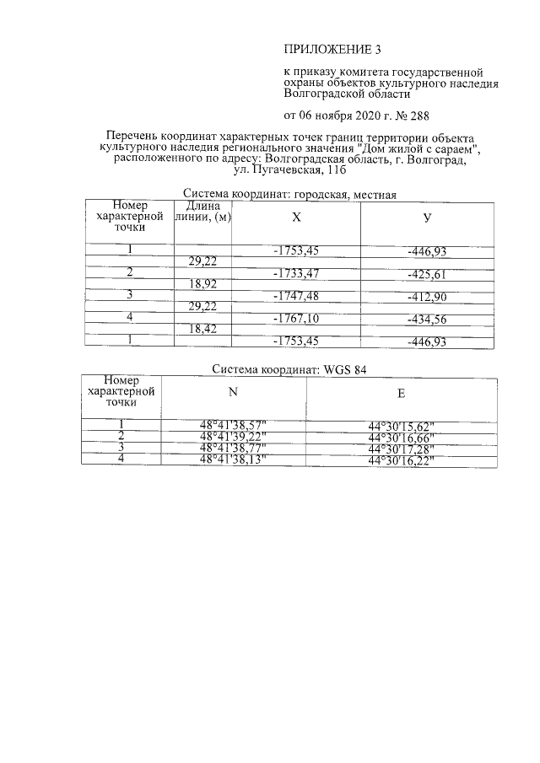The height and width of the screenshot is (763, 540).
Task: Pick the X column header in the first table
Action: [295, 217]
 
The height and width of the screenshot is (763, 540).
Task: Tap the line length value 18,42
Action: [202, 329]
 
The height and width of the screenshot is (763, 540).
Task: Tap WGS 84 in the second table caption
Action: [345, 369]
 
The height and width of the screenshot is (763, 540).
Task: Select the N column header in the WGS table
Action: [233, 391]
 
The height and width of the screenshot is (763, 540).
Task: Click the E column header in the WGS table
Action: [402, 393]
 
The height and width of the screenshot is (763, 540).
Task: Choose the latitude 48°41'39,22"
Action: [233, 437]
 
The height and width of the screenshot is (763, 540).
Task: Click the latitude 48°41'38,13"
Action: [233, 459]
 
